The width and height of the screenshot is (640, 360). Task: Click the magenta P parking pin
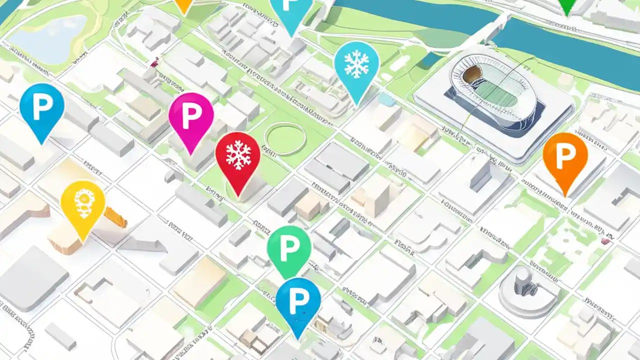click(191, 117)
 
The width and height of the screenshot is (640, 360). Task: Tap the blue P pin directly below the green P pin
click(298, 301)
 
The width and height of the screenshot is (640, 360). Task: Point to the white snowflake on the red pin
click(238, 154)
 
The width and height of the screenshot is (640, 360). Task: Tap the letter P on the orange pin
click(565, 156)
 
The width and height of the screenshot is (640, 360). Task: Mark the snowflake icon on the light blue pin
click(356, 64)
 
